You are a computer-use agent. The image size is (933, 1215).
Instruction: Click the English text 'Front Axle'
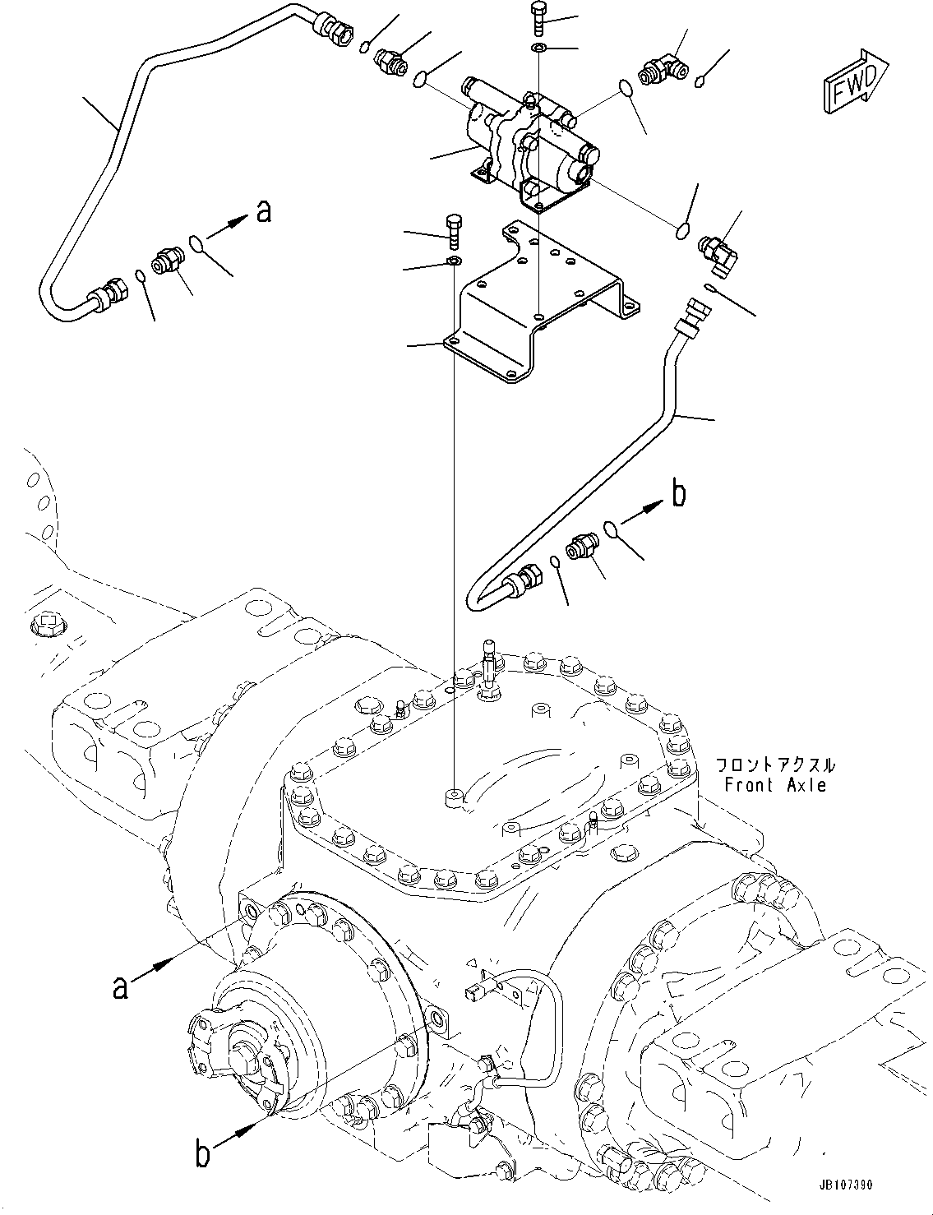point(774,785)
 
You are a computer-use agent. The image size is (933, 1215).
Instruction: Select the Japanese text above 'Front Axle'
point(774,765)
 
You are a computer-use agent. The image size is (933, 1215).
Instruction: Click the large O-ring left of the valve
point(420,79)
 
